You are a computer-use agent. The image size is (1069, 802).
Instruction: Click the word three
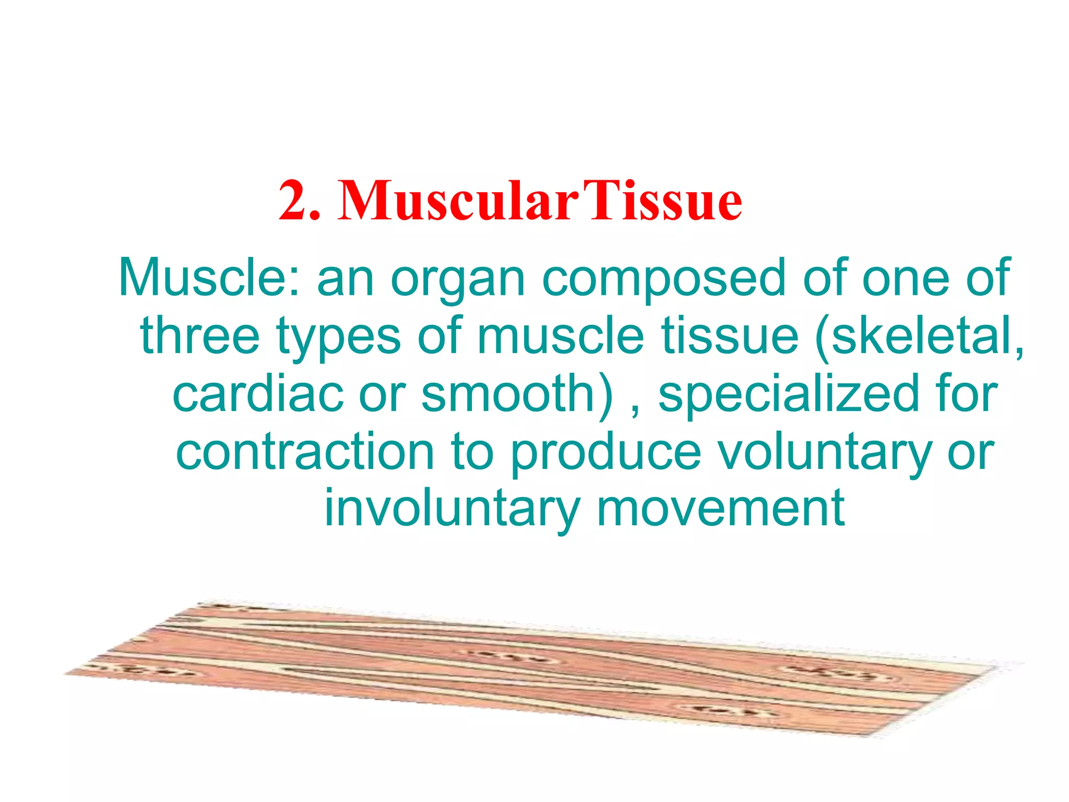coord(200,335)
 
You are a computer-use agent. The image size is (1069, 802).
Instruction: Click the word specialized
coord(788,394)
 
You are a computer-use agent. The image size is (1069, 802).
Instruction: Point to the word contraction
coord(305,452)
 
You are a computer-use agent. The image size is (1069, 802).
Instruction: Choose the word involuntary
coord(452,509)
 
